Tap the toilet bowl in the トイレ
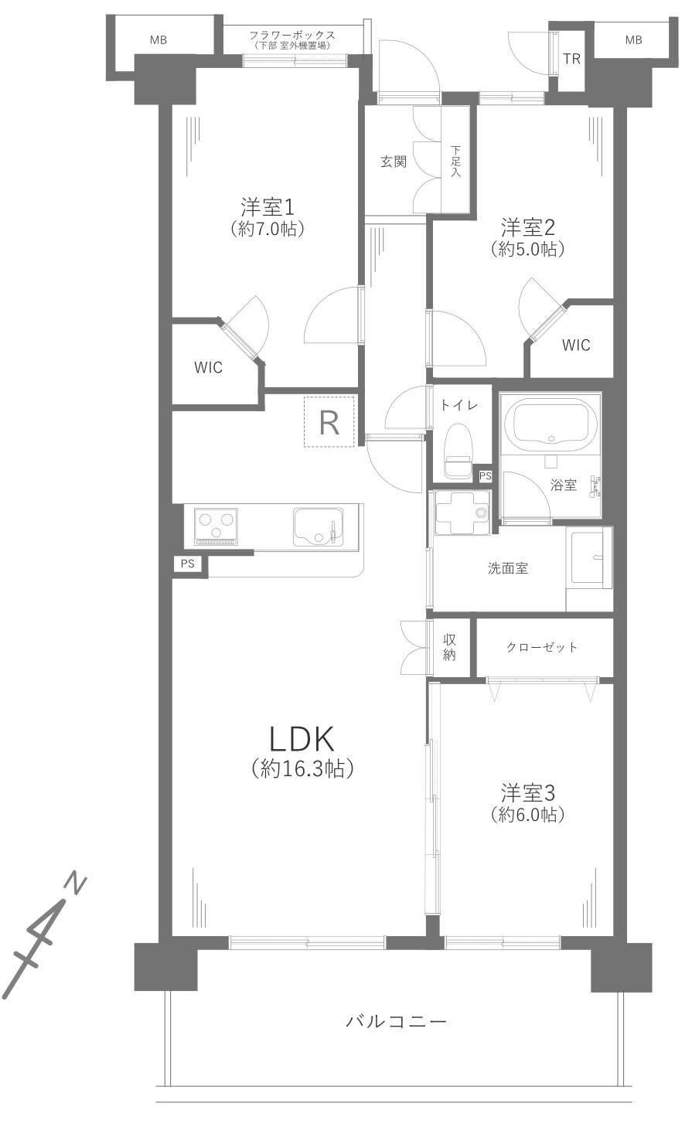point(458,451)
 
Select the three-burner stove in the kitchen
point(216,526)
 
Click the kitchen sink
point(319,529)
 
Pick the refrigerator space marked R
point(329,421)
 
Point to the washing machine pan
point(462,512)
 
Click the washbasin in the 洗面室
point(589,555)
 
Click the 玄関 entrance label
point(393,162)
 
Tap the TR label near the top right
point(571,60)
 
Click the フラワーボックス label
point(292,35)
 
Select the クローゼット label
point(541,647)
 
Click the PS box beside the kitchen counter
point(187,564)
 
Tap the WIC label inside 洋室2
point(575,345)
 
